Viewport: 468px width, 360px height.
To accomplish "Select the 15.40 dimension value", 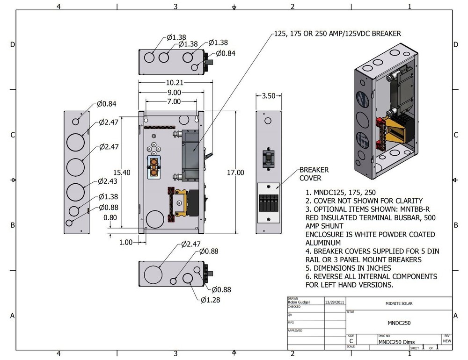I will (122, 173).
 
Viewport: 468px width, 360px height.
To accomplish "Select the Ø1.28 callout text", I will (210, 300).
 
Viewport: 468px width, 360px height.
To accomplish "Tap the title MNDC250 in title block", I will (399, 323).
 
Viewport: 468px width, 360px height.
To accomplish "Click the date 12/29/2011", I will (334, 302).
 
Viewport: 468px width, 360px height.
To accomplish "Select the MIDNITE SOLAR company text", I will (399, 304).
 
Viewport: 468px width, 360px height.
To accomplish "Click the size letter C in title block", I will (351, 342).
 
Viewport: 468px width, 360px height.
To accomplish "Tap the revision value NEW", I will (446, 342).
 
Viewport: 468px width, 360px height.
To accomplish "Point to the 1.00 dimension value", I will (126, 242).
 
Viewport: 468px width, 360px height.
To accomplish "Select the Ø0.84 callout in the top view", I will (225, 53).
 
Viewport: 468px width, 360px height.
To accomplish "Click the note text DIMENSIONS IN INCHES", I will (348, 268).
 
